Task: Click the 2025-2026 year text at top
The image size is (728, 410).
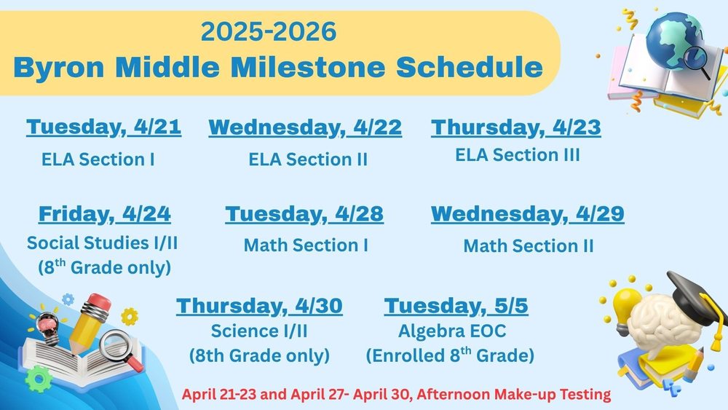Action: click(x=269, y=31)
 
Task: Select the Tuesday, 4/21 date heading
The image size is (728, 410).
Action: click(x=103, y=127)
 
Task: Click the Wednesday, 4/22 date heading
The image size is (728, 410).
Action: click(x=305, y=127)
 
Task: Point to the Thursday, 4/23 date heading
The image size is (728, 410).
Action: click(x=516, y=127)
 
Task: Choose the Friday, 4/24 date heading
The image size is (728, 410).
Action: click(x=104, y=214)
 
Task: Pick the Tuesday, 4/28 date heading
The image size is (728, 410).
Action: click(x=304, y=214)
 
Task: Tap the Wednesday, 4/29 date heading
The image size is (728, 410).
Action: click(x=528, y=214)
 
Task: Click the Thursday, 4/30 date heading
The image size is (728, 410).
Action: click(x=259, y=306)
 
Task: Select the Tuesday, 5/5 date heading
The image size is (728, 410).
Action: click(x=456, y=306)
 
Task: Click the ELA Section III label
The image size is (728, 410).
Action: click(x=518, y=155)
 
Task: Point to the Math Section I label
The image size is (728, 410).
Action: click(x=306, y=245)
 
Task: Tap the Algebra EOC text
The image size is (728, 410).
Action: click(x=451, y=331)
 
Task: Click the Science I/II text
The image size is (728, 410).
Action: click(x=259, y=331)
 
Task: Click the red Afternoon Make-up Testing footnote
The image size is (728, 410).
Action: click(x=396, y=395)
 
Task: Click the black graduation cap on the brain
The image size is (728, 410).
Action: click(x=695, y=291)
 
